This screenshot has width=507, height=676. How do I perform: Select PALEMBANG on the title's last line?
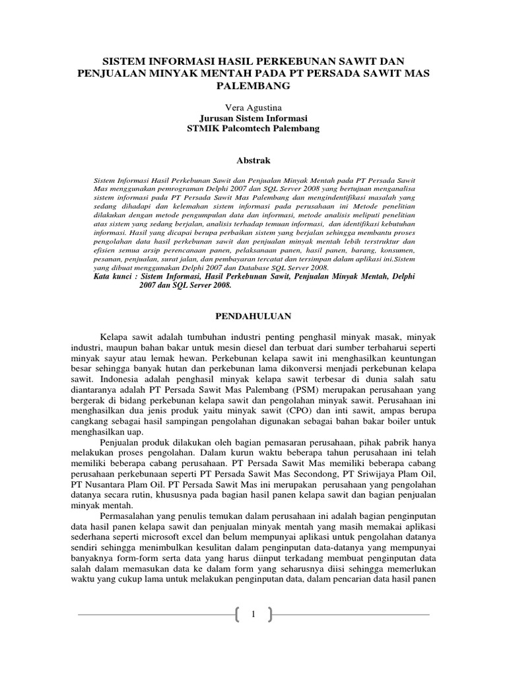click(x=253, y=86)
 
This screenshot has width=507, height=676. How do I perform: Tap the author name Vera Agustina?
click(x=253, y=107)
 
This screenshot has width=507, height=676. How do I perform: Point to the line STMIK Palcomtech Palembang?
click(x=253, y=129)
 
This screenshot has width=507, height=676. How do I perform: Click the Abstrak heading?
click(x=253, y=160)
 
